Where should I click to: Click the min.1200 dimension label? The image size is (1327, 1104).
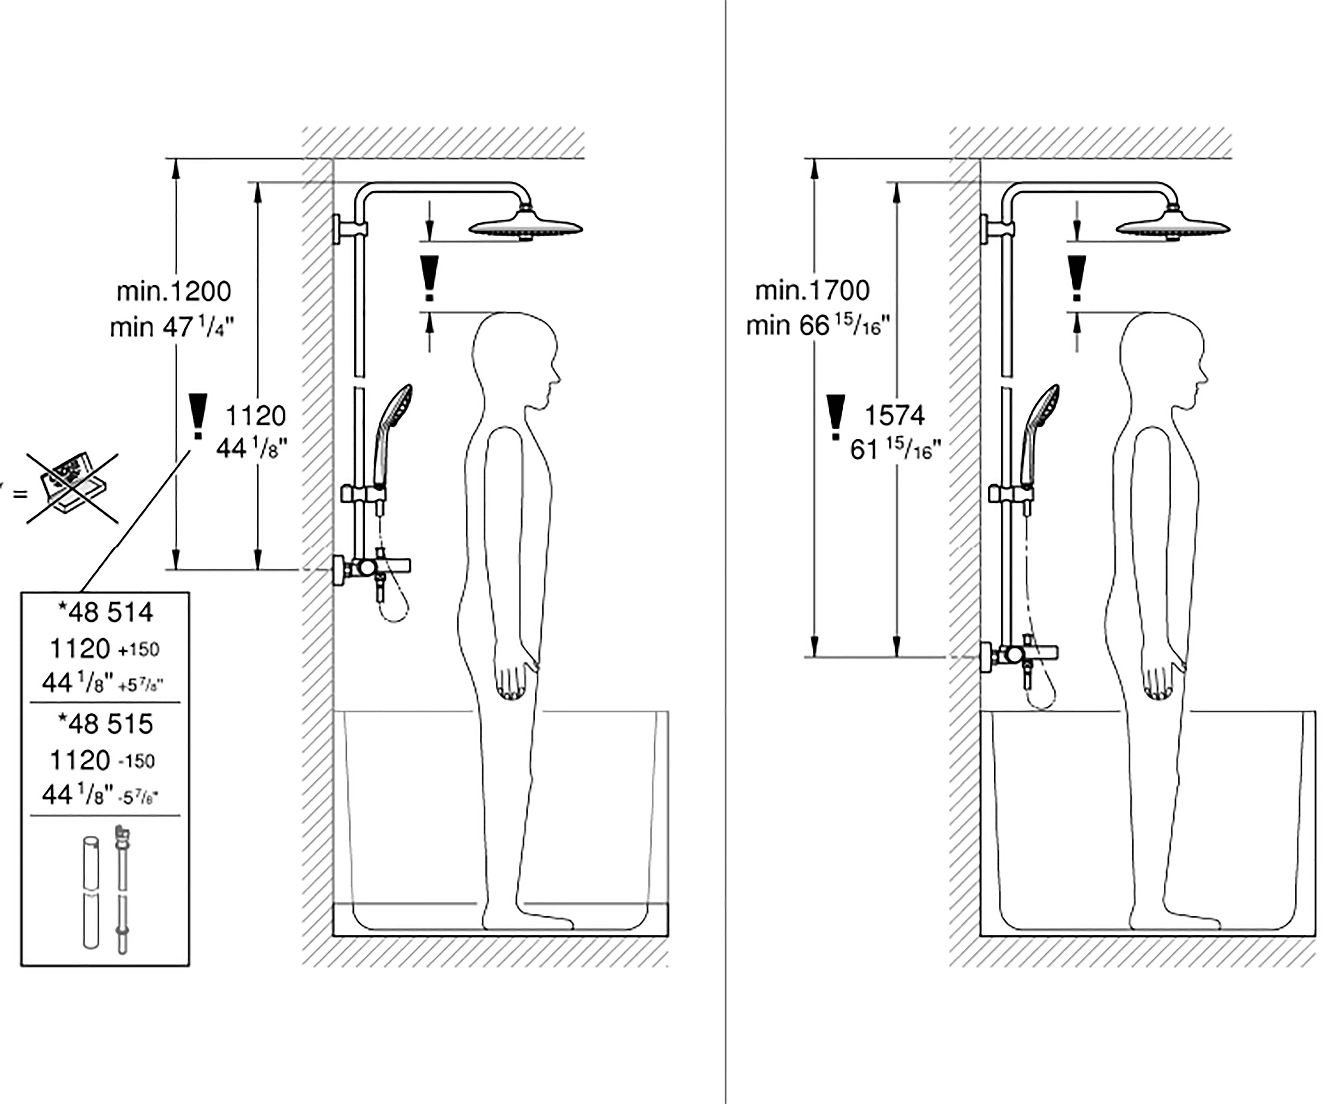174,291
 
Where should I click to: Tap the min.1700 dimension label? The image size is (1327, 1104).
813,290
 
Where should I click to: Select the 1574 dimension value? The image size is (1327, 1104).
894,415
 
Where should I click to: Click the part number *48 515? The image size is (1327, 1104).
106,723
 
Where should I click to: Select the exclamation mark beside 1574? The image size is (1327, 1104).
836,417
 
